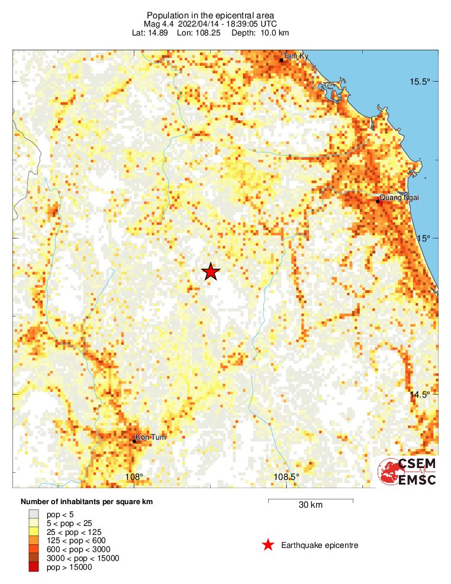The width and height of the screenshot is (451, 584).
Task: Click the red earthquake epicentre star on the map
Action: (x=211, y=272)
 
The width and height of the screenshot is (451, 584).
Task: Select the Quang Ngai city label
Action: (x=398, y=198)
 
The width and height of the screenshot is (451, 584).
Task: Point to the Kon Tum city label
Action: (x=147, y=437)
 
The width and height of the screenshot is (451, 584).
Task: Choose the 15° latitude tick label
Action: (x=423, y=238)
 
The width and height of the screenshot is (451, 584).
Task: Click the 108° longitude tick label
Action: (x=134, y=477)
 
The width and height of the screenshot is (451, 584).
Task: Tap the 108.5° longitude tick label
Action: (x=286, y=477)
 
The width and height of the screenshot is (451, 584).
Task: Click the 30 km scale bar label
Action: (x=310, y=505)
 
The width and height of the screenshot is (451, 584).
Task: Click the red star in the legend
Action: (x=268, y=545)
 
